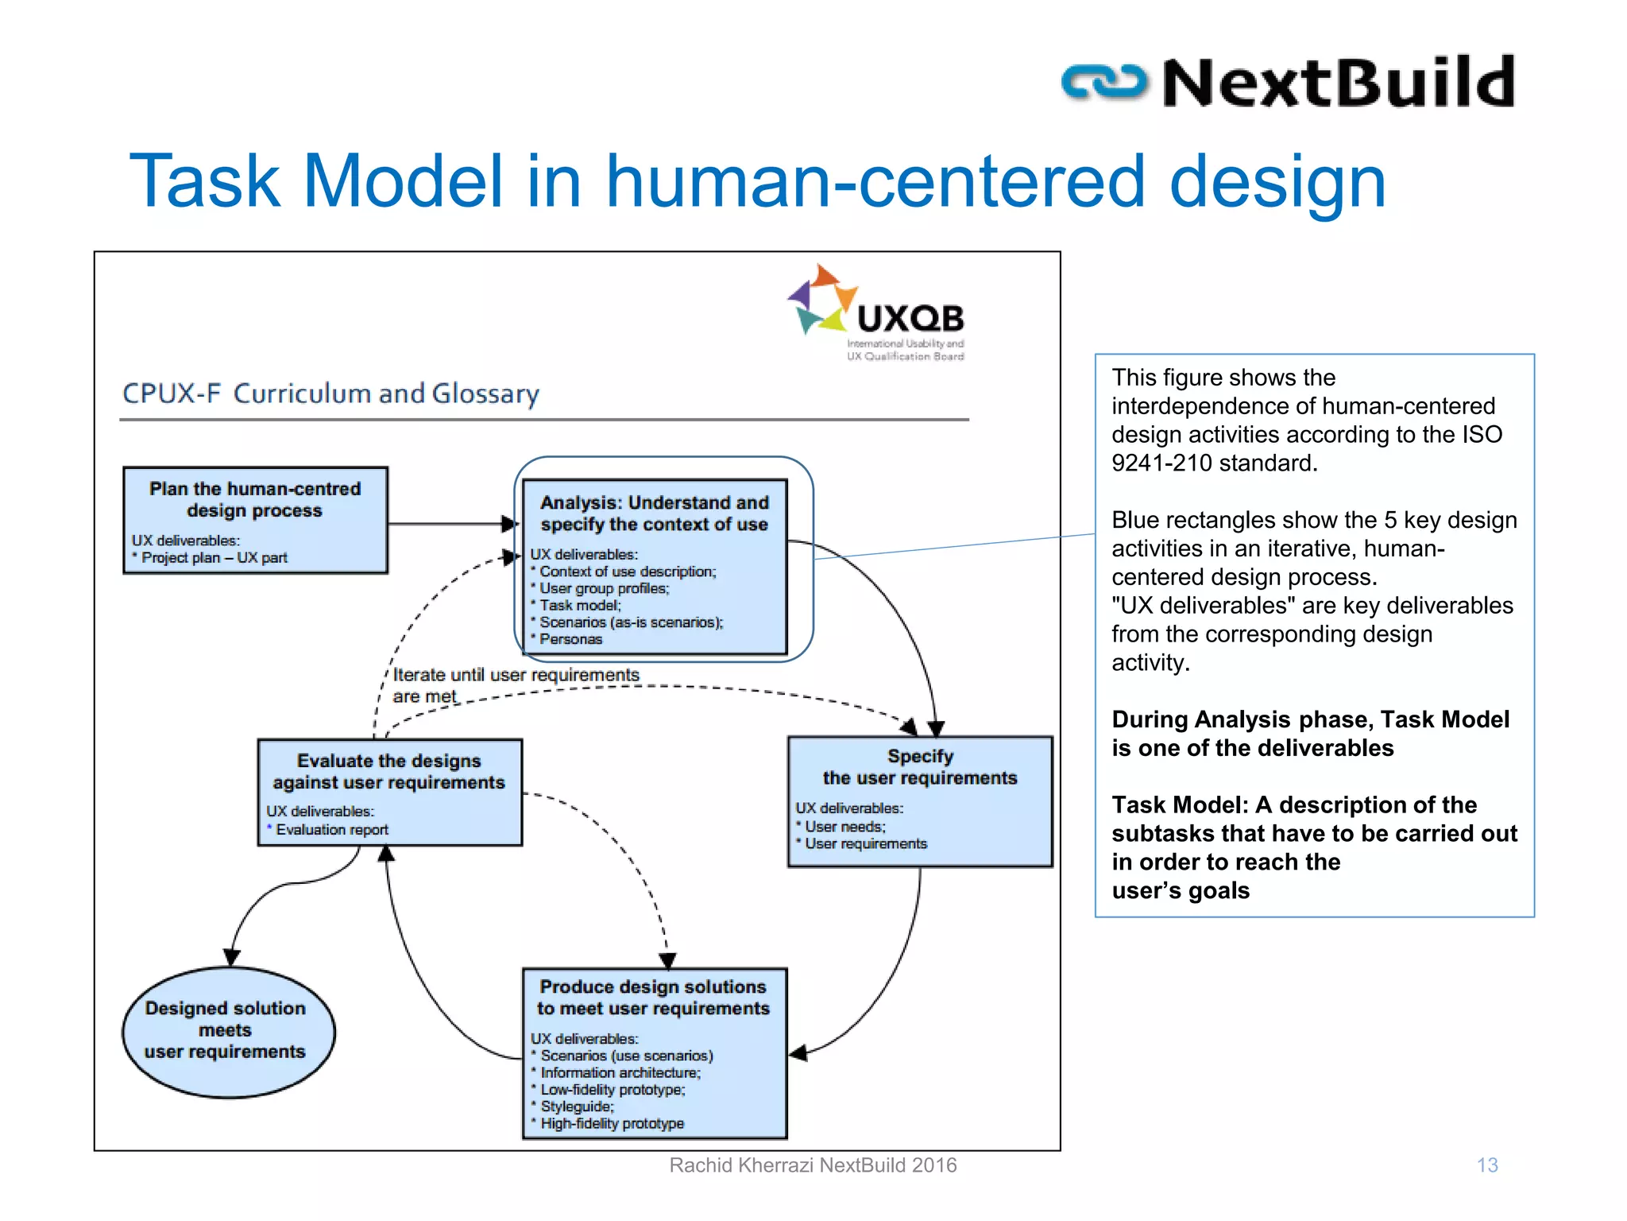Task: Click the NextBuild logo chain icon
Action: click(1104, 83)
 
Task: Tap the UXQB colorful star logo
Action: click(822, 300)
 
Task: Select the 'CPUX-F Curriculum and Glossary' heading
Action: click(330, 393)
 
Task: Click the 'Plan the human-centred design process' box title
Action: click(255, 499)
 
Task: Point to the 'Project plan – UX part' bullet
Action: click(214, 558)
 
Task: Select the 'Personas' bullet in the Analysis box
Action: click(570, 639)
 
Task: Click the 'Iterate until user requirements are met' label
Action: click(515, 684)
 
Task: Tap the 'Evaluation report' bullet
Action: click(331, 830)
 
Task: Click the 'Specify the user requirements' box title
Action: click(920, 767)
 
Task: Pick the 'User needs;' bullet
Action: click(844, 827)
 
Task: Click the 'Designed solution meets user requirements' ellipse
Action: click(227, 1031)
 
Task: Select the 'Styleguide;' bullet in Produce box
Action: click(577, 1107)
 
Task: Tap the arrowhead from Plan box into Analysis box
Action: click(509, 524)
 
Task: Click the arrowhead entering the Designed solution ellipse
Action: click(231, 957)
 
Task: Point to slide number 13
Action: click(1486, 1165)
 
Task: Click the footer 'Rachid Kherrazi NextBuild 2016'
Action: click(812, 1165)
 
